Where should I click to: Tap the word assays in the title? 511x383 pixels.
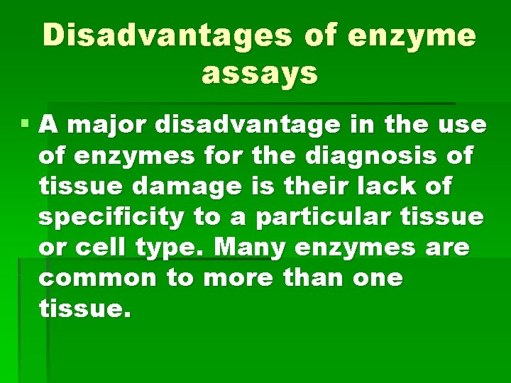click(x=260, y=74)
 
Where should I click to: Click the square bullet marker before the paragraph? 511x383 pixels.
click(x=26, y=123)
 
